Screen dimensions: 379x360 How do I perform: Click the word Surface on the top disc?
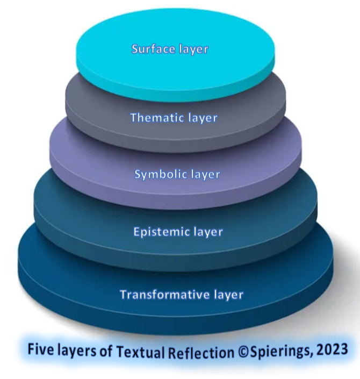pyautogui.click(x=152, y=49)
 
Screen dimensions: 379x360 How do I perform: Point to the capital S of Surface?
pyautogui.click(x=135, y=49)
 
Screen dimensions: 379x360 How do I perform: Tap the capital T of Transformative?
pyautogui.click(x=124, y=295)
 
